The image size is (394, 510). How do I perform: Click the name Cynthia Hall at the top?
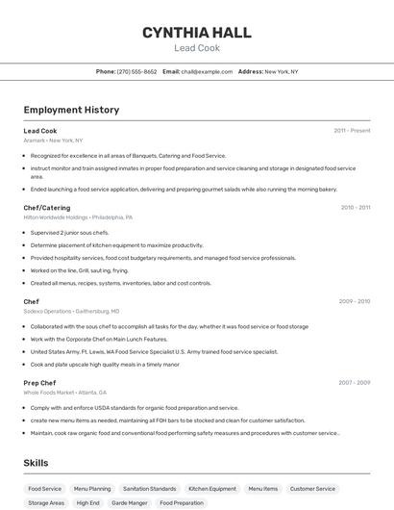click(197, 33)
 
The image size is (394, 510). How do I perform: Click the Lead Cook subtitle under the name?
click(197, 48)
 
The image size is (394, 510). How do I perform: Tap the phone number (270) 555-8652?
click(136, 72)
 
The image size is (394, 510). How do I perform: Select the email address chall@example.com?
click(207, 72)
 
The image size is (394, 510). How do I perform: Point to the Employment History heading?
click(71, 110)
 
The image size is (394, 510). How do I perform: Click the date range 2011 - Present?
click(352, 131)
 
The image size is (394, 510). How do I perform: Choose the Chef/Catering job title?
click(47, 207)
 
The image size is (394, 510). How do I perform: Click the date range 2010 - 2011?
click(355, 207)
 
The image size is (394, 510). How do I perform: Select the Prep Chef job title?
click(39, 382)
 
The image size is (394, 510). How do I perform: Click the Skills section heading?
click(37, 463)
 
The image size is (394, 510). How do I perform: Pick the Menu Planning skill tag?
click(92, 489)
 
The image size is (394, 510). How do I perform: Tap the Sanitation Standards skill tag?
click(150, 489)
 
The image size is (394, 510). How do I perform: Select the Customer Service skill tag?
click(313, 489)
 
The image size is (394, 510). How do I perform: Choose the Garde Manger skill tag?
click(130, 502)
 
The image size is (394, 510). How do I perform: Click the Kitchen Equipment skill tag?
click(212, 489)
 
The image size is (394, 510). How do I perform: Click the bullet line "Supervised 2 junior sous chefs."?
click(69, 232)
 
